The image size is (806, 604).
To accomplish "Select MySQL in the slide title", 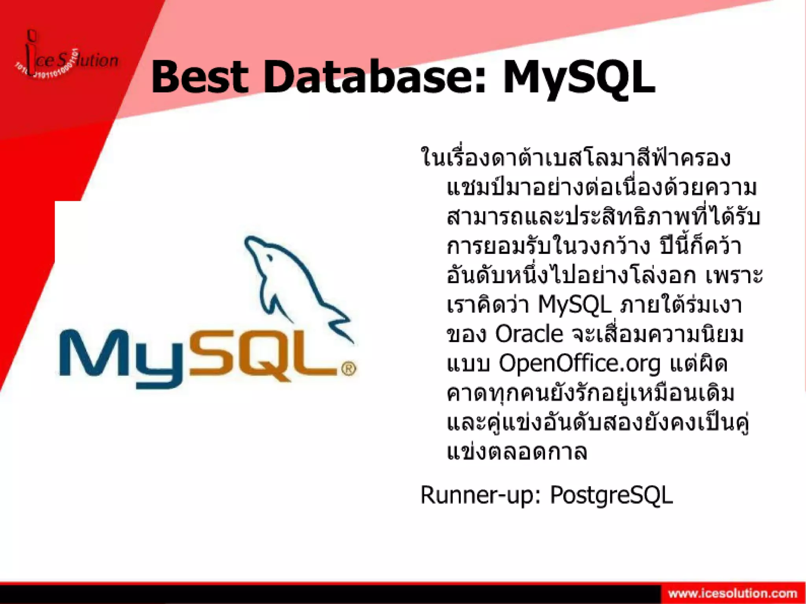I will point(579,78).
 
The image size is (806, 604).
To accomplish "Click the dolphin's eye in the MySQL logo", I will point(269,258).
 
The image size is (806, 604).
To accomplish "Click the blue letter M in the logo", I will point(93,354).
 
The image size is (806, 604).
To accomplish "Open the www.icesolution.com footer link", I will point(732,593).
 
